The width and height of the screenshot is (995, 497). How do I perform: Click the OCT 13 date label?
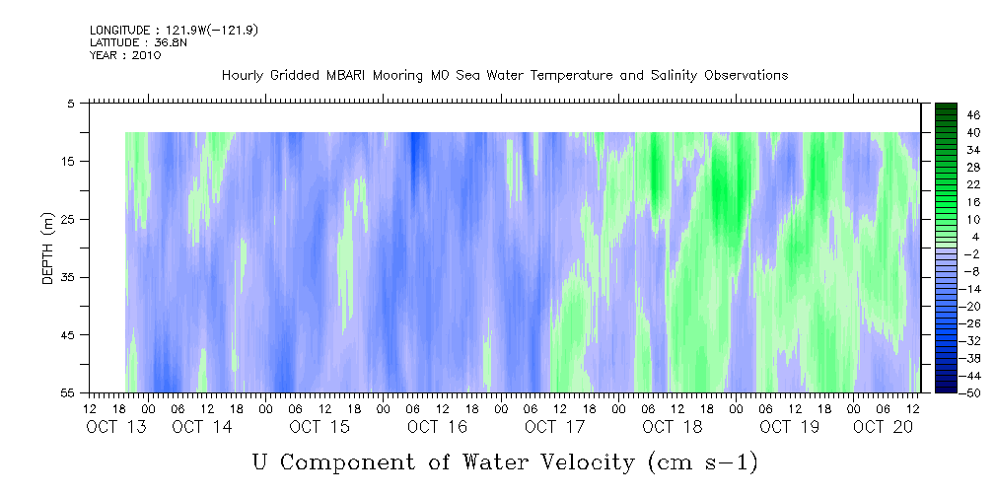116,427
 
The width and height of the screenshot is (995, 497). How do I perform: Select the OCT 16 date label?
437,427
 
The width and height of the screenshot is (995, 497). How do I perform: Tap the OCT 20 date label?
883,427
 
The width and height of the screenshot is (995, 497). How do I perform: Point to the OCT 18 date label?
672,427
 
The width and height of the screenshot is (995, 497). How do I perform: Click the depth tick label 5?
70,104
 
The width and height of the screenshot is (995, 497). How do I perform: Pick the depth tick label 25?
67,220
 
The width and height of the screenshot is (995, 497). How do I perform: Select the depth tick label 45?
67,335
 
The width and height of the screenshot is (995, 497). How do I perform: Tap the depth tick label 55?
67,392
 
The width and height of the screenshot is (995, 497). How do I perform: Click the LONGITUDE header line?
174,31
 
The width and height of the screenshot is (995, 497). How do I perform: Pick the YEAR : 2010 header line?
125,55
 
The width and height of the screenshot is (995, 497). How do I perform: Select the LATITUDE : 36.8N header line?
138,42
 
